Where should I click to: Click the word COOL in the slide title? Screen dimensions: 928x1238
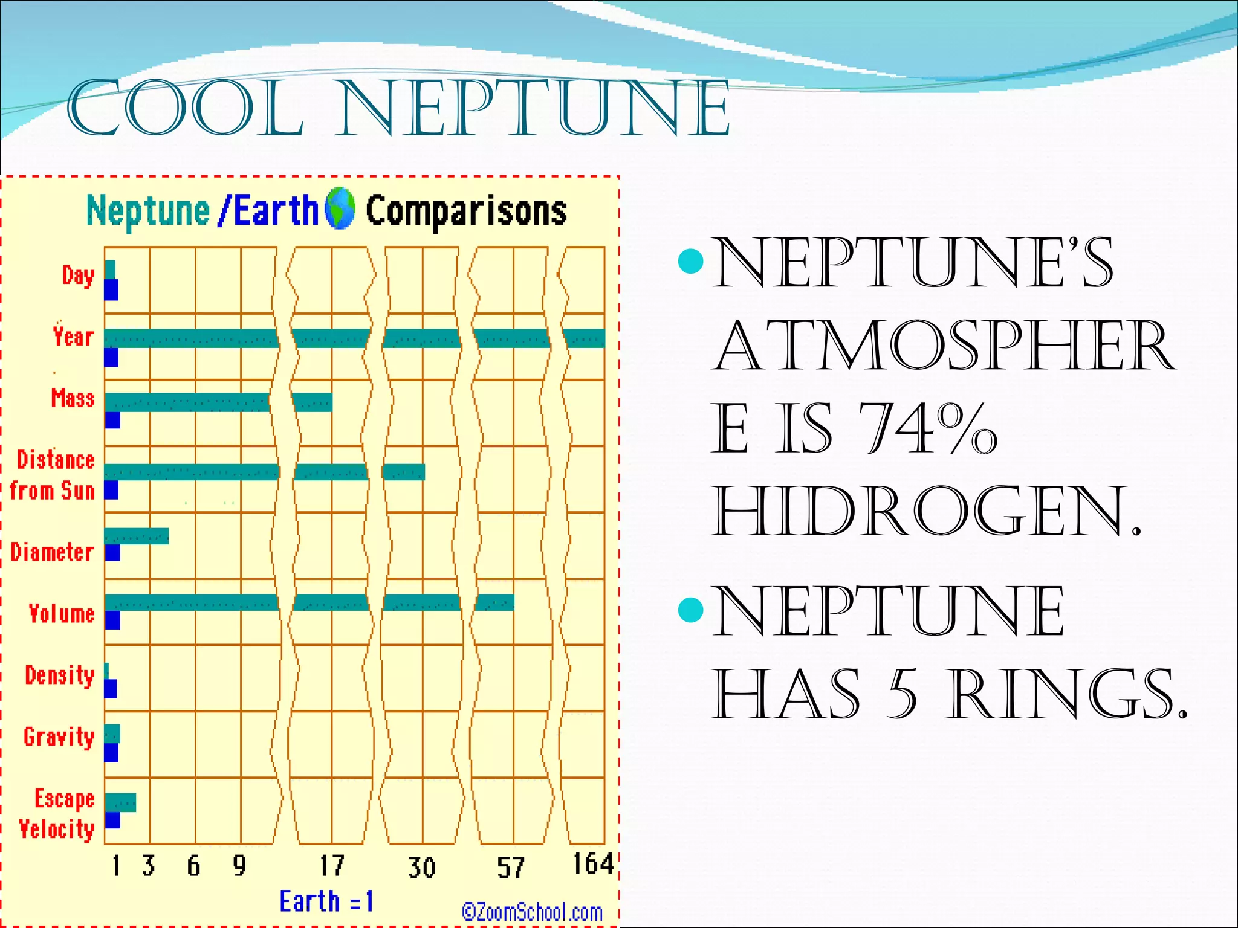pyautogui.click(x=185, y=109)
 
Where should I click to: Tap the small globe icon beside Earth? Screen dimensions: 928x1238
pyautogui.click(x=340, y=209)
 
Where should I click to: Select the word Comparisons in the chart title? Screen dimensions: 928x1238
pyautogui.click(x=466, y=211)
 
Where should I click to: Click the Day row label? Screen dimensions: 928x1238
pyautogui.click(x=79, y=275)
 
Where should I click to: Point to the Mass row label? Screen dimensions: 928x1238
pyautogui.click(x=73, y=398)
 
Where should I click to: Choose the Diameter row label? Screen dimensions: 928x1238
pyautogui.click(x=53, y=552)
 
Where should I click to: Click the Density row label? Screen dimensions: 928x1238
pyautogui.click(x=60, y=675)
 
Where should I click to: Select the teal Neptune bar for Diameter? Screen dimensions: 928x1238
pyautogui.click(x=137, y=536)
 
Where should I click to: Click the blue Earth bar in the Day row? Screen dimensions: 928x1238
pyautogui.click(x=111, y=290)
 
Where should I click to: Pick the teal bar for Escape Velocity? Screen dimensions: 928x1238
pyautogui.click(x=120, y=802)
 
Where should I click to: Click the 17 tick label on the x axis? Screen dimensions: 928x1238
pyautogui.click(x=332, y=866)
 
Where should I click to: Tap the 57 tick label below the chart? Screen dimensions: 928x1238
pyautogui.click(x=511, y=868)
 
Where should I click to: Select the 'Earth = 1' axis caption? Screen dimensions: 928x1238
pyautogui.click(x=326, y=901)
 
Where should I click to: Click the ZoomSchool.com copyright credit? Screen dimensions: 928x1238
pyautogui.click(x=533, y=912)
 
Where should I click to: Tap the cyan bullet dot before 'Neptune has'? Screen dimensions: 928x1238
pyautogui.click(x=691, y=610)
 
